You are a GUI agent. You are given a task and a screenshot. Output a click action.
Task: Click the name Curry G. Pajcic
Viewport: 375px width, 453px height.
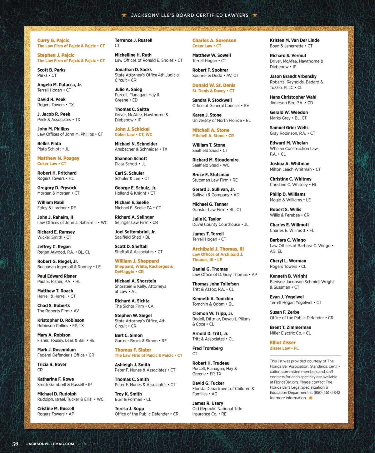click(53, 41)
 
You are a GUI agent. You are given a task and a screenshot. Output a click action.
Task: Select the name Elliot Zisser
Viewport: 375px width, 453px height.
click(282, 343)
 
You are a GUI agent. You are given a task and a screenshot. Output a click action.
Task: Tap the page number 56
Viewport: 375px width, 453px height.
click(15, 444)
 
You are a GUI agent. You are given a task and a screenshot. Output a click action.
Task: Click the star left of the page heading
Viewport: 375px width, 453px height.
click(124, 15)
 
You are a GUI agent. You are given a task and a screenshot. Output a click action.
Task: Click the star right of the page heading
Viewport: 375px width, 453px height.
click(255, 15)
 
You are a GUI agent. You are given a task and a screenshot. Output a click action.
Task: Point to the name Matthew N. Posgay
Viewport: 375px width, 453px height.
click(58, 158)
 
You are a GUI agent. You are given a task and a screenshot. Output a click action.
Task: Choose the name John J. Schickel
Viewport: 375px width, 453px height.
click(132, 129)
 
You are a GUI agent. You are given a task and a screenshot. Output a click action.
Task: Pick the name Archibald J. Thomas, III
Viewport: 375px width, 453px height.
click(218, 249)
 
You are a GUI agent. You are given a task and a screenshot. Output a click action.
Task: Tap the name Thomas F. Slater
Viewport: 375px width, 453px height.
click(133, 350)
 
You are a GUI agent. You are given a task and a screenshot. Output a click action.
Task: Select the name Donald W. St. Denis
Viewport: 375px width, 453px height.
click(214, 85)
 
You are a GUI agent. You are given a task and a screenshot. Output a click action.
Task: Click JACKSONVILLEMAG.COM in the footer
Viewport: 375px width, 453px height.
click(50, 444)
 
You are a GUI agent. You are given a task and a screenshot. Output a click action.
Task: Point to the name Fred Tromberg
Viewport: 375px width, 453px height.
click(207, 348)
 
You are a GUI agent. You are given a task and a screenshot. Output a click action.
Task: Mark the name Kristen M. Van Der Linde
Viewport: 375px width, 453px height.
click(294, 40)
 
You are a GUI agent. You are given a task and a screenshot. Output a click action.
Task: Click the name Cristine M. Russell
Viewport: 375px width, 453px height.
click(56, 409)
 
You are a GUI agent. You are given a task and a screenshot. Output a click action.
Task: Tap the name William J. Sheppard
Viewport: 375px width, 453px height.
click(137, 261)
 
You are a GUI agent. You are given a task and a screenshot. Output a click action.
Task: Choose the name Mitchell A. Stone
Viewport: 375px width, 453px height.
click(211, 130)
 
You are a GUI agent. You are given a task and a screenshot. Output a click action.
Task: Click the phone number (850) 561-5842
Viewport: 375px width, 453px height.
click(327, 393)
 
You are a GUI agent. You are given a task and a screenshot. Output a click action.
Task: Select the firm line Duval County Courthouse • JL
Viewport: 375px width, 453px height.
click(220, 225)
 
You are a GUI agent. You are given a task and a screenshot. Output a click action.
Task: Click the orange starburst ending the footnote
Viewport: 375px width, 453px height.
click(310, 398)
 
